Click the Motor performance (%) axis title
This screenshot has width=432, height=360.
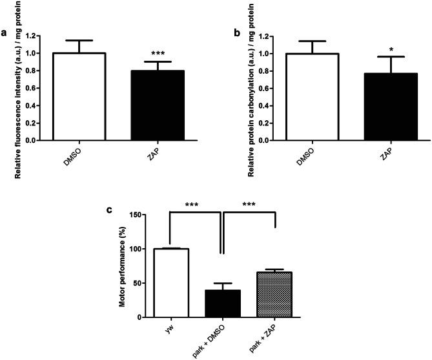click(119, 265)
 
